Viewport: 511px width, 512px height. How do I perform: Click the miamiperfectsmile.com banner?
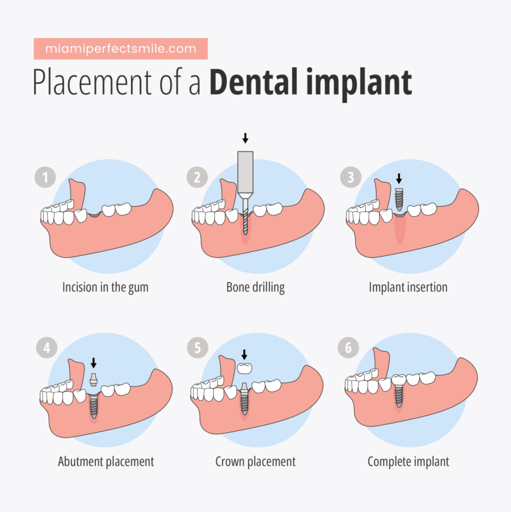(120, 49)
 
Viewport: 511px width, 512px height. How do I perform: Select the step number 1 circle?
(45, 178)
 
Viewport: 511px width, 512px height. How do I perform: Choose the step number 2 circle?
(197, 178)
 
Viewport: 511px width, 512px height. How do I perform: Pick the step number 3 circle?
(351, 178)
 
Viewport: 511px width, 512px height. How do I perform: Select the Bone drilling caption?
(255, 288)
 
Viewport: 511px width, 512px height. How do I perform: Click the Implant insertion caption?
(408, 288)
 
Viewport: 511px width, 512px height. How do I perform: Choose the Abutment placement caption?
(106, 461)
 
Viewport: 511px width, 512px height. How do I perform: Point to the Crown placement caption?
(255, 461)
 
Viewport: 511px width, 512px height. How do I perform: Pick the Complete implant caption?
(409, 461)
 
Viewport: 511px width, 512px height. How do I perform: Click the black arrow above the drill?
(246, 138)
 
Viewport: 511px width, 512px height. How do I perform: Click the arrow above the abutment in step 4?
(94, 363)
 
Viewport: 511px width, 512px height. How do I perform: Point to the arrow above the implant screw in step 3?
(399, 178)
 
